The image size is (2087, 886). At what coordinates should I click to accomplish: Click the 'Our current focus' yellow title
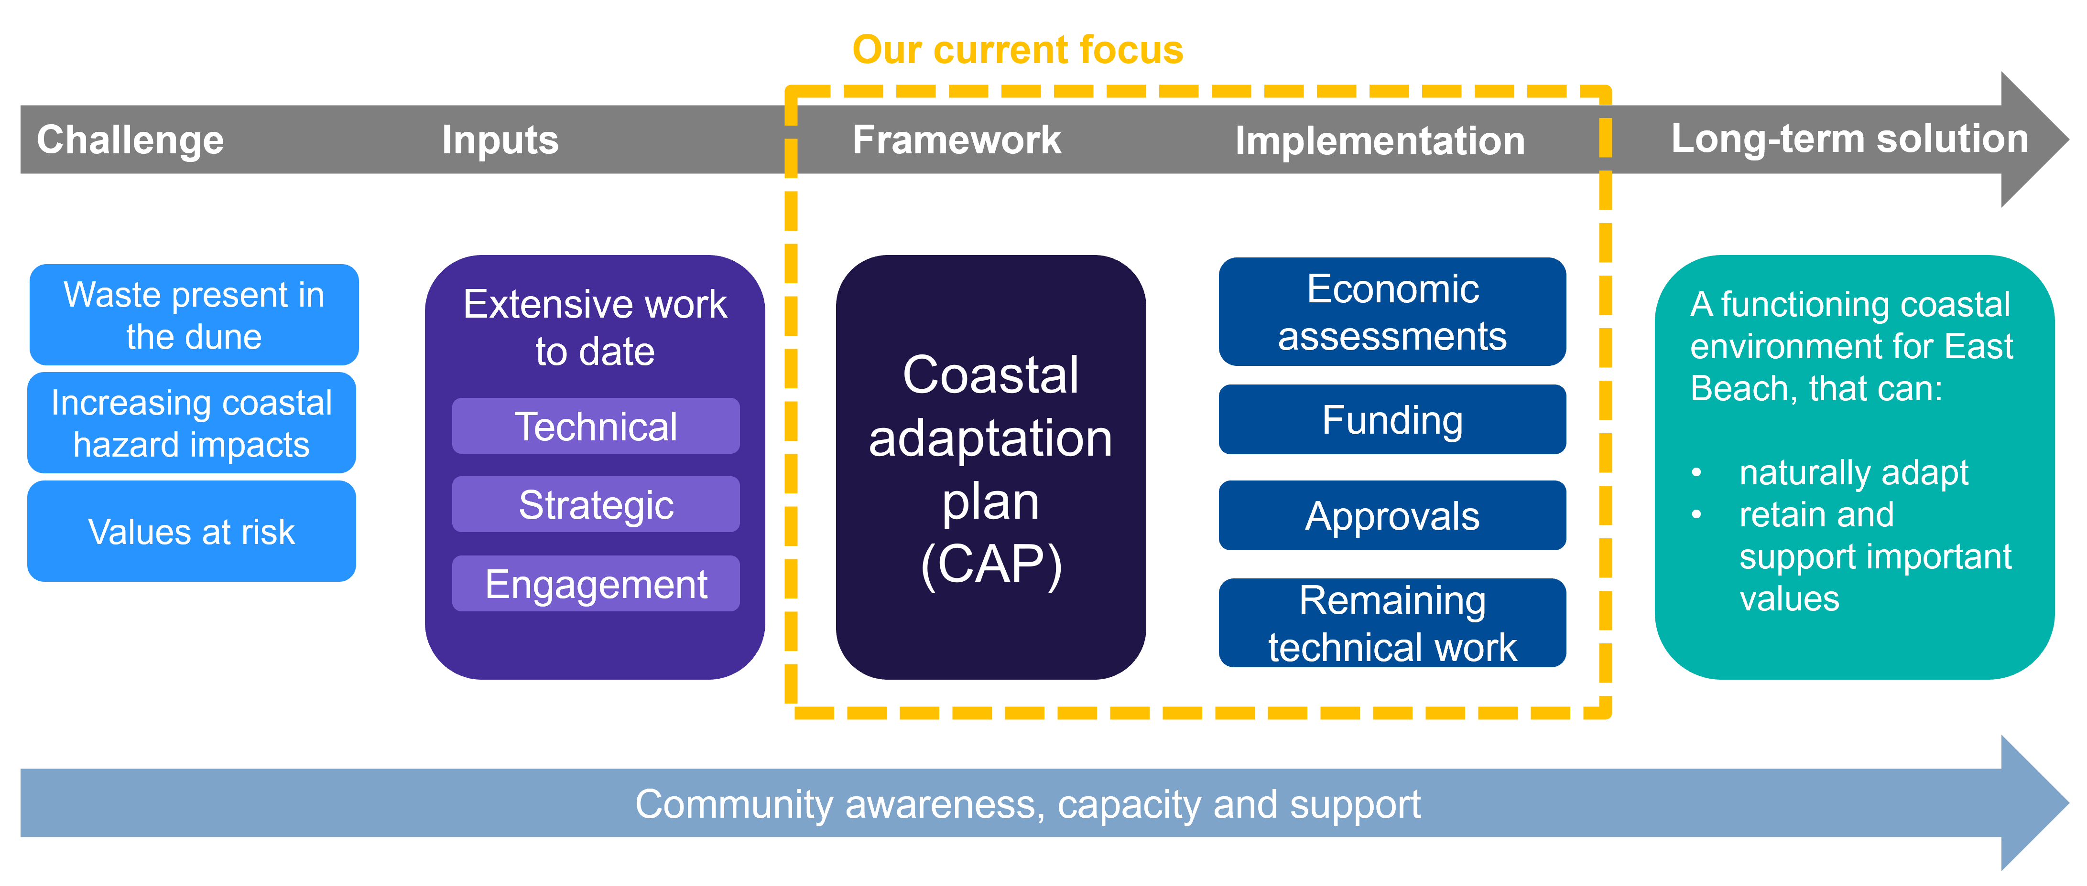pyautogui.click(x=1018, y=50)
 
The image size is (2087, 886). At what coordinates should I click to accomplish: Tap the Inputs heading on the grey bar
pyautogui.click(x=500, y=140)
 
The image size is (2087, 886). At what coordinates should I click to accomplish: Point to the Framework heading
pyautogui.click(x=956, y=140)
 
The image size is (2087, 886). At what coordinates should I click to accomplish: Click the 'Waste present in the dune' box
pyautogui.click(x=194, y=314)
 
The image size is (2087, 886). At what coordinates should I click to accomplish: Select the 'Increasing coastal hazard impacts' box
pyautogui.click(x=191, y=423)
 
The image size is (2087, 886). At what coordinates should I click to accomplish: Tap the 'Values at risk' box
pyautogui.click(x=191, y=531)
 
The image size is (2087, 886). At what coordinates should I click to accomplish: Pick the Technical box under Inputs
pyautogui.click(x=596, y=426)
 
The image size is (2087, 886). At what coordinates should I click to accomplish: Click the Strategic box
pyautogui.click(x=596, y=504)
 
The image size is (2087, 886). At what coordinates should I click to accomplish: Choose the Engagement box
pyautogui.click(x=596, y=583)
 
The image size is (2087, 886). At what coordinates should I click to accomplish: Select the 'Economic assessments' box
pyautogui.click(x=1392, y=312)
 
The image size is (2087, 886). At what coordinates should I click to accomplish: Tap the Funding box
pyautogui.click(x=1392, y=419)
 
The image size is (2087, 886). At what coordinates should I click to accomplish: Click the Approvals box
pyautogui.click(x=1392, y=516)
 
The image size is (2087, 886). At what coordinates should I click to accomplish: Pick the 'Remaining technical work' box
pyautogui.click(x=1392, y=623)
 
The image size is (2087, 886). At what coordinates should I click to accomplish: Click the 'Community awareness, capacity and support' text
pyautogui.click(x=1027, y=804)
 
